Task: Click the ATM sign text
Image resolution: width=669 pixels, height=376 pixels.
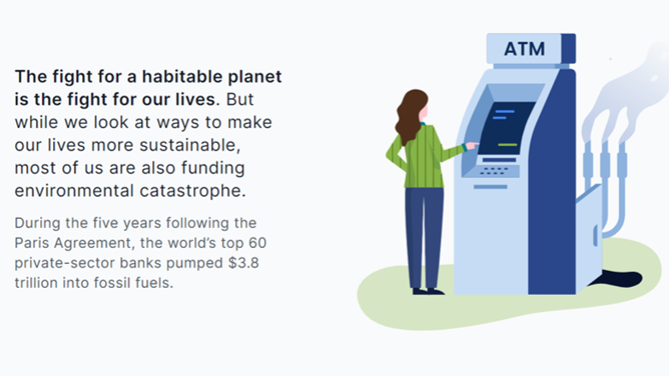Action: coord(525,49)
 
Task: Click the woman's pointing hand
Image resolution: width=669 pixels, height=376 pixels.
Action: coord(472,145)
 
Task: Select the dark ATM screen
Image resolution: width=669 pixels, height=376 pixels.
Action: coord(507,128)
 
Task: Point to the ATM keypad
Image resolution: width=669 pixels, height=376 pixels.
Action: coord(494,171)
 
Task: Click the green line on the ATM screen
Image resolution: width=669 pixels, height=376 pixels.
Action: coord(508,145)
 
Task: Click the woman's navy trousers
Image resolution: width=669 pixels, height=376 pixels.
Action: coord(424,238)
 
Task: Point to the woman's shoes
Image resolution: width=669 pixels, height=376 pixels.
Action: coord(428,292)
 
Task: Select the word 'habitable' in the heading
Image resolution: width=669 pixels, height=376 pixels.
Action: coord(183,77)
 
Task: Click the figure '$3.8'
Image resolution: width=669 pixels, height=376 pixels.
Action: coord(244,262)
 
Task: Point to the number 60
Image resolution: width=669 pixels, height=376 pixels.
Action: coord(257,243)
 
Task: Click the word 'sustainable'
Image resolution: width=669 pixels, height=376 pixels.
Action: coord(190,145)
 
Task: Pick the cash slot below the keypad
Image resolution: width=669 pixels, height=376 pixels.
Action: coord(490,187)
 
